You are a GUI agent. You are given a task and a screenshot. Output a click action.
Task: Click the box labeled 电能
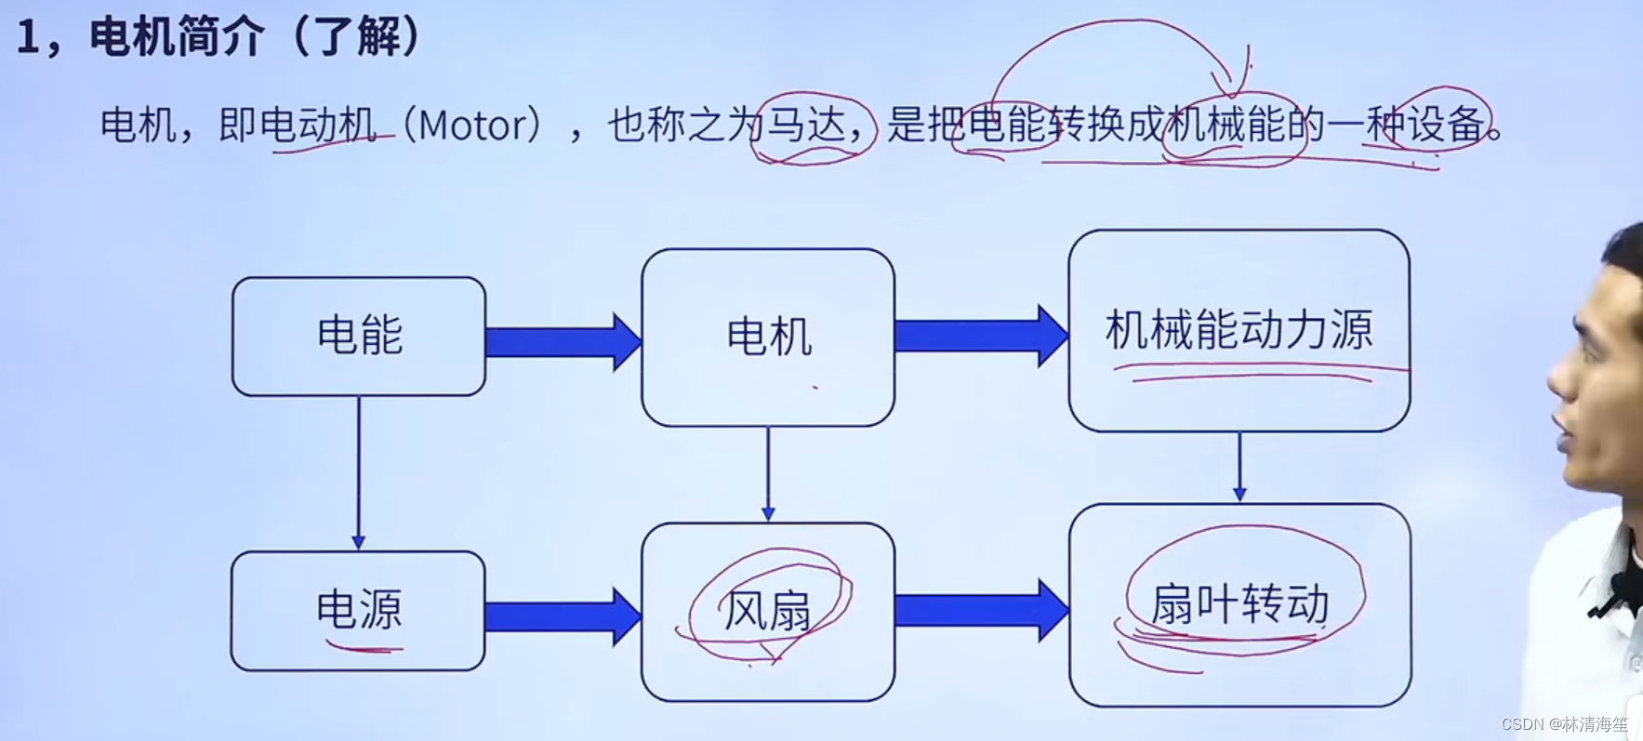click(x=359, y=336)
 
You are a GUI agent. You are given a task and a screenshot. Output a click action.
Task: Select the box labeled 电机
click(x=768, y=337)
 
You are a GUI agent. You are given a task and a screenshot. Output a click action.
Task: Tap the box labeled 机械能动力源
click(x=1239, y=330)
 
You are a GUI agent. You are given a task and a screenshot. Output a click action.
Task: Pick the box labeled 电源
click(x=358, y=610)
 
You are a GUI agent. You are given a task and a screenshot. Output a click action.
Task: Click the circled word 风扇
click(x=767, y=611)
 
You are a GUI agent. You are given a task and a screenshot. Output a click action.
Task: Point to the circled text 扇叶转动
click(x=1240, y=604)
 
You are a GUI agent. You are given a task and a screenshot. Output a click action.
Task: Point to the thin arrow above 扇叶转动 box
click(x=1239, y=467)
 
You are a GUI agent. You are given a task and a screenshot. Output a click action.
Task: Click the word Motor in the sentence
click(x=472, y=126)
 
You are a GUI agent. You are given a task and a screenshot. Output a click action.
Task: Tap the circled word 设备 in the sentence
click(x=1445, y=124)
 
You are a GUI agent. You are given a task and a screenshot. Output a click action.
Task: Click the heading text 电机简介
click(x=177, y=37)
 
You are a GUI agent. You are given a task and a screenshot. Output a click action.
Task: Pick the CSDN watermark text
click(x=1564, y=723)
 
